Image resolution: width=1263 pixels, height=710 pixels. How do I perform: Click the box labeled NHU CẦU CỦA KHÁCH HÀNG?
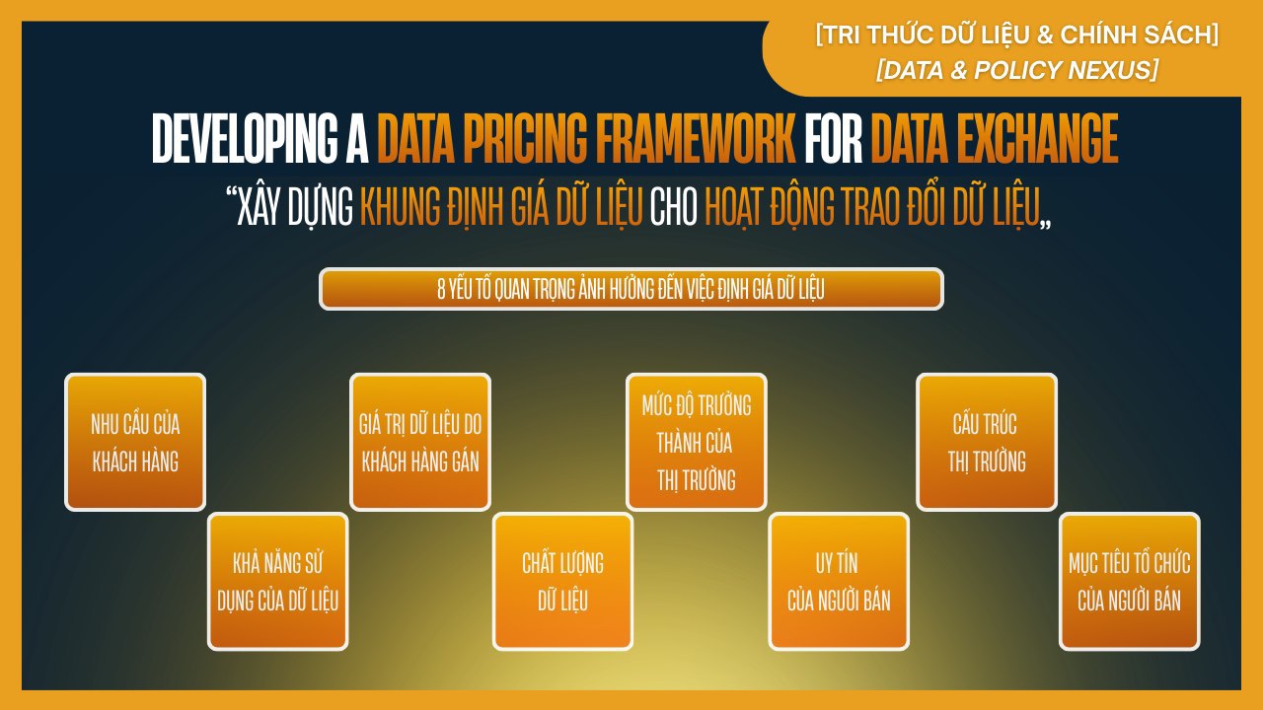pos(135,443)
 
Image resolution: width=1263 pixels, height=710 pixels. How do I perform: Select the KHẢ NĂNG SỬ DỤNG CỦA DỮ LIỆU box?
pos(278,582)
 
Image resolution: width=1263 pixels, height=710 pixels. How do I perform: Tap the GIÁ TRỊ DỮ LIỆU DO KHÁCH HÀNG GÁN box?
pos(420,443)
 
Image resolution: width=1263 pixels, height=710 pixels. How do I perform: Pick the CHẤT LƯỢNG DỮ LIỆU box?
pos(562,582)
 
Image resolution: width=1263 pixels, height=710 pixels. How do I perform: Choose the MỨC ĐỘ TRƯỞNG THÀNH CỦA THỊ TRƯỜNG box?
pos(697,443)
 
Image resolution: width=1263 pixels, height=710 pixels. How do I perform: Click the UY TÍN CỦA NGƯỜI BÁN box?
pos(839,582)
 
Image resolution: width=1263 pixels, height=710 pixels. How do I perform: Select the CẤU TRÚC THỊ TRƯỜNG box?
pos(987,443)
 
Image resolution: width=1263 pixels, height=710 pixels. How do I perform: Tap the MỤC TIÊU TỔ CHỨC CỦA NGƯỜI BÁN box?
pos(1130,582)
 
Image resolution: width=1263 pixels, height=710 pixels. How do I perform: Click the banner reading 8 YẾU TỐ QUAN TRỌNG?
pos(631,289)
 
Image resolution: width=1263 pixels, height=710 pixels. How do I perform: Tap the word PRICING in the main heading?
pos(525,139)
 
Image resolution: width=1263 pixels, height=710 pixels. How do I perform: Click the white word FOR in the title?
pos(834,139)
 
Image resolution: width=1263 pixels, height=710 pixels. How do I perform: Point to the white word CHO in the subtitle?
pos(674,207)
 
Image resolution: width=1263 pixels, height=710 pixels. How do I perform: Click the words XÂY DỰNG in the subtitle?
pos(295,208)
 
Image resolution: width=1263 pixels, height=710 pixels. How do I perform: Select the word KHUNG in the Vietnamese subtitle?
pos(400,207)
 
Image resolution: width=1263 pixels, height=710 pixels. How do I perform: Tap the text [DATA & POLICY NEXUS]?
pos(1017,70)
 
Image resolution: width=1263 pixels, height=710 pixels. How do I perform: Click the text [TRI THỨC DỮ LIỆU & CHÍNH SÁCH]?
pos(1017,35)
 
